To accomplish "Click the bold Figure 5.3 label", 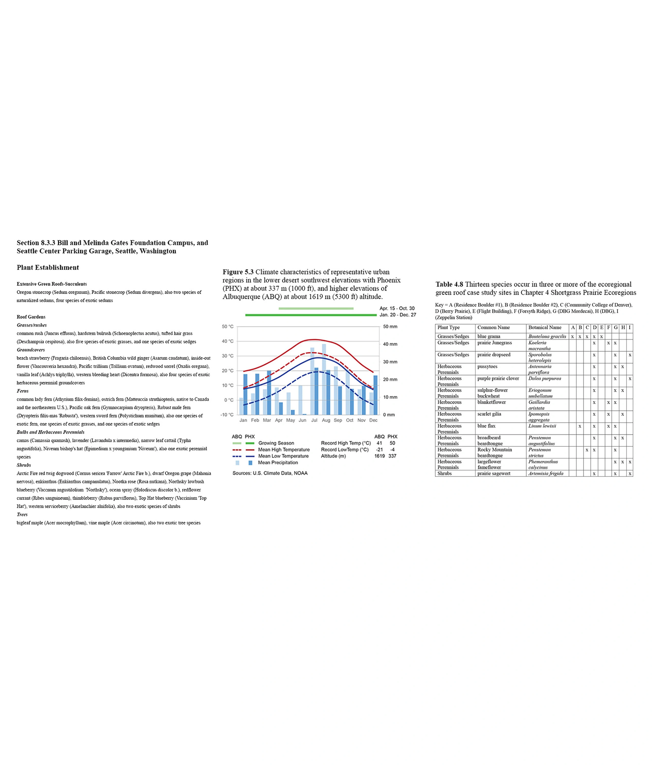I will [x=238, y=272].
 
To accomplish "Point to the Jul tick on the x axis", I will [x=314, y=420].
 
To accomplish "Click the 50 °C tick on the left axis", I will [x=228, y=327].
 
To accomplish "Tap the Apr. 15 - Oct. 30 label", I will [x=397, y=308].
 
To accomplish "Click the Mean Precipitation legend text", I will [x=278, y=463].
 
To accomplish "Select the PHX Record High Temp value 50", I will [x=392, y=443].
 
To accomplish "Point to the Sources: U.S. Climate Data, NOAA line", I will [x=270, y=473].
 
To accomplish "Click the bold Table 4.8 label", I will [x=449, y=285].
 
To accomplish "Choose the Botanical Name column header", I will [x=545, y=328].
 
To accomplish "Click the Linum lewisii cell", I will [x=542, y=426].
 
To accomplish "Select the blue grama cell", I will [x=489, y=336].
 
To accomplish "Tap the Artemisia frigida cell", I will [x=546, y=473].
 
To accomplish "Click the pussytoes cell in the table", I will [x=487, y=367].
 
